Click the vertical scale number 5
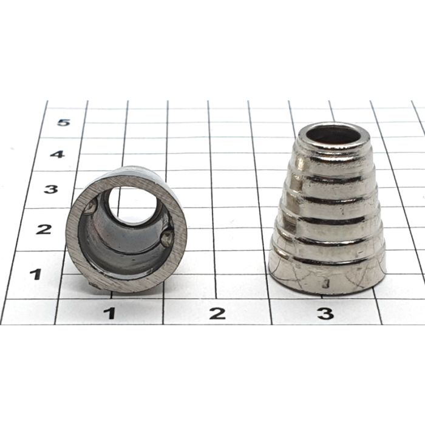[64, 123]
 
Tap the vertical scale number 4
[58, 154]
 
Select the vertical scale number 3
[51, 189]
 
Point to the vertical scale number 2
[44, 229]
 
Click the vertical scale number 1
[36, 274]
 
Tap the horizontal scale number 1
[110, 313]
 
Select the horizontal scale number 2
[217, 313]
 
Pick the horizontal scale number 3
[325, 313]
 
